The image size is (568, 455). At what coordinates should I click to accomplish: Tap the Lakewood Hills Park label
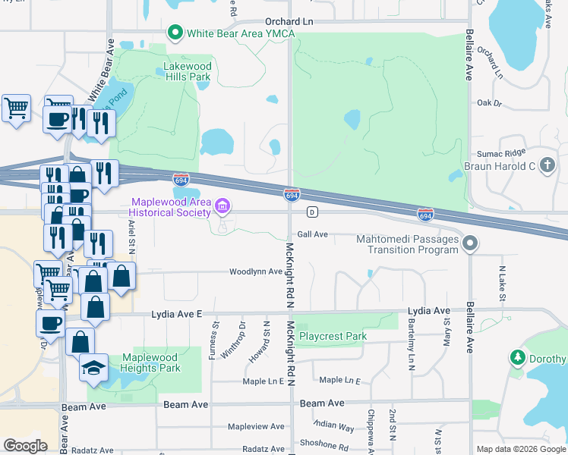point(187,71)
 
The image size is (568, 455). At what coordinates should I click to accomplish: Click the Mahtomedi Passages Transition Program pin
point(471,243)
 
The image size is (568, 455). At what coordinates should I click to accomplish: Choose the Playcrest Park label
point(333,336)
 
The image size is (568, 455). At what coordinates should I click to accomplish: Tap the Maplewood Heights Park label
point(150,362)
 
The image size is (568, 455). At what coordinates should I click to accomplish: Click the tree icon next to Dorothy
point(519,357)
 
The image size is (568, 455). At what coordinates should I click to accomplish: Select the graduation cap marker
point(94,367)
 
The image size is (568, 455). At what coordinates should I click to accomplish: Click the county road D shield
point(311,212)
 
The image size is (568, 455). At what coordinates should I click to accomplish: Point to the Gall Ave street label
point(312,234)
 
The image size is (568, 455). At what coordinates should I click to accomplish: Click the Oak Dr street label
point(490,102)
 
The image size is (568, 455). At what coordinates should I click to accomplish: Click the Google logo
point(26,446)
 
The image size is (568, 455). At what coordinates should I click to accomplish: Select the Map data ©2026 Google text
point(520,449)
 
